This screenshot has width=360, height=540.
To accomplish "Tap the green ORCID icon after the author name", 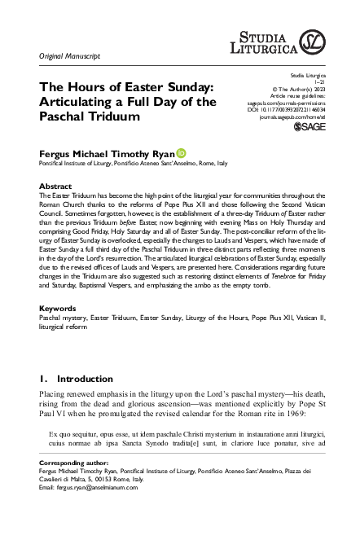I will (x=181, y=151).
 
